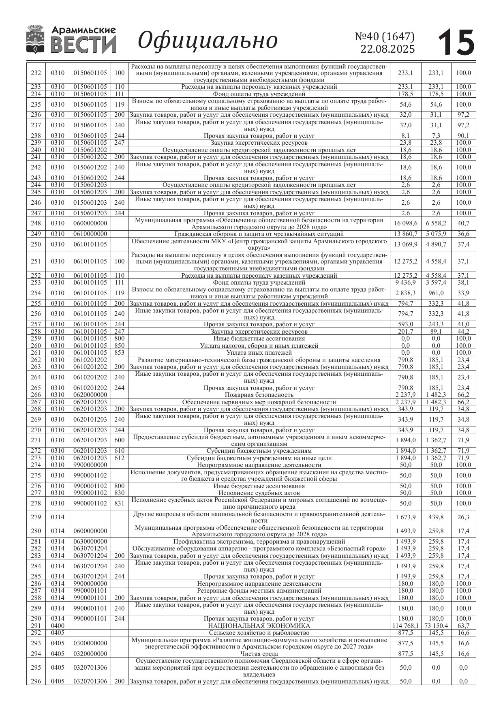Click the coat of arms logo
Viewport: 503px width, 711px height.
click(35, 39)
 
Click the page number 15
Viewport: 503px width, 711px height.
click(456, 42)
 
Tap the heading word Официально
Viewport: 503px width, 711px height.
click(208, 40)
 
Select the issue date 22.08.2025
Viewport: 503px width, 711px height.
click(387, 49)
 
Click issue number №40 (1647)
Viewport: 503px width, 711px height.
click(385, 36)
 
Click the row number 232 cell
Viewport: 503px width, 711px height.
click(36, 73)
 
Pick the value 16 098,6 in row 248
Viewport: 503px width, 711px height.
click(405, 223)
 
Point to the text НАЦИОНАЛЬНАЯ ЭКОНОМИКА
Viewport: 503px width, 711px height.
click(259, 626)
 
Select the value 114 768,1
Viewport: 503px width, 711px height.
click(405, 626)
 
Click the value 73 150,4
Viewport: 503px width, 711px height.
click(436, 626)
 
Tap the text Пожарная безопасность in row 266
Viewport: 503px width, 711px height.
click(259, 395)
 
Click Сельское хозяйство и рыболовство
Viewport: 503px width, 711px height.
click(259, 633)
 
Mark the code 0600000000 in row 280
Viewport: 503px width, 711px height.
click(90, 531)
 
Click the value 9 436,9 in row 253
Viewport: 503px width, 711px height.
click(405, 283)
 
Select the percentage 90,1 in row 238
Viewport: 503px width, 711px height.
click(463, 136)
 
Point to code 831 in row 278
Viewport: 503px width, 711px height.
click(119, 503)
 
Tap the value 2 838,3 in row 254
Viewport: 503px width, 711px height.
click(405, 293)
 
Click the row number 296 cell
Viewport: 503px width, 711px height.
click(36, 681)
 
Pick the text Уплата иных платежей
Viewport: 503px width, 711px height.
click(259, 353)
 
